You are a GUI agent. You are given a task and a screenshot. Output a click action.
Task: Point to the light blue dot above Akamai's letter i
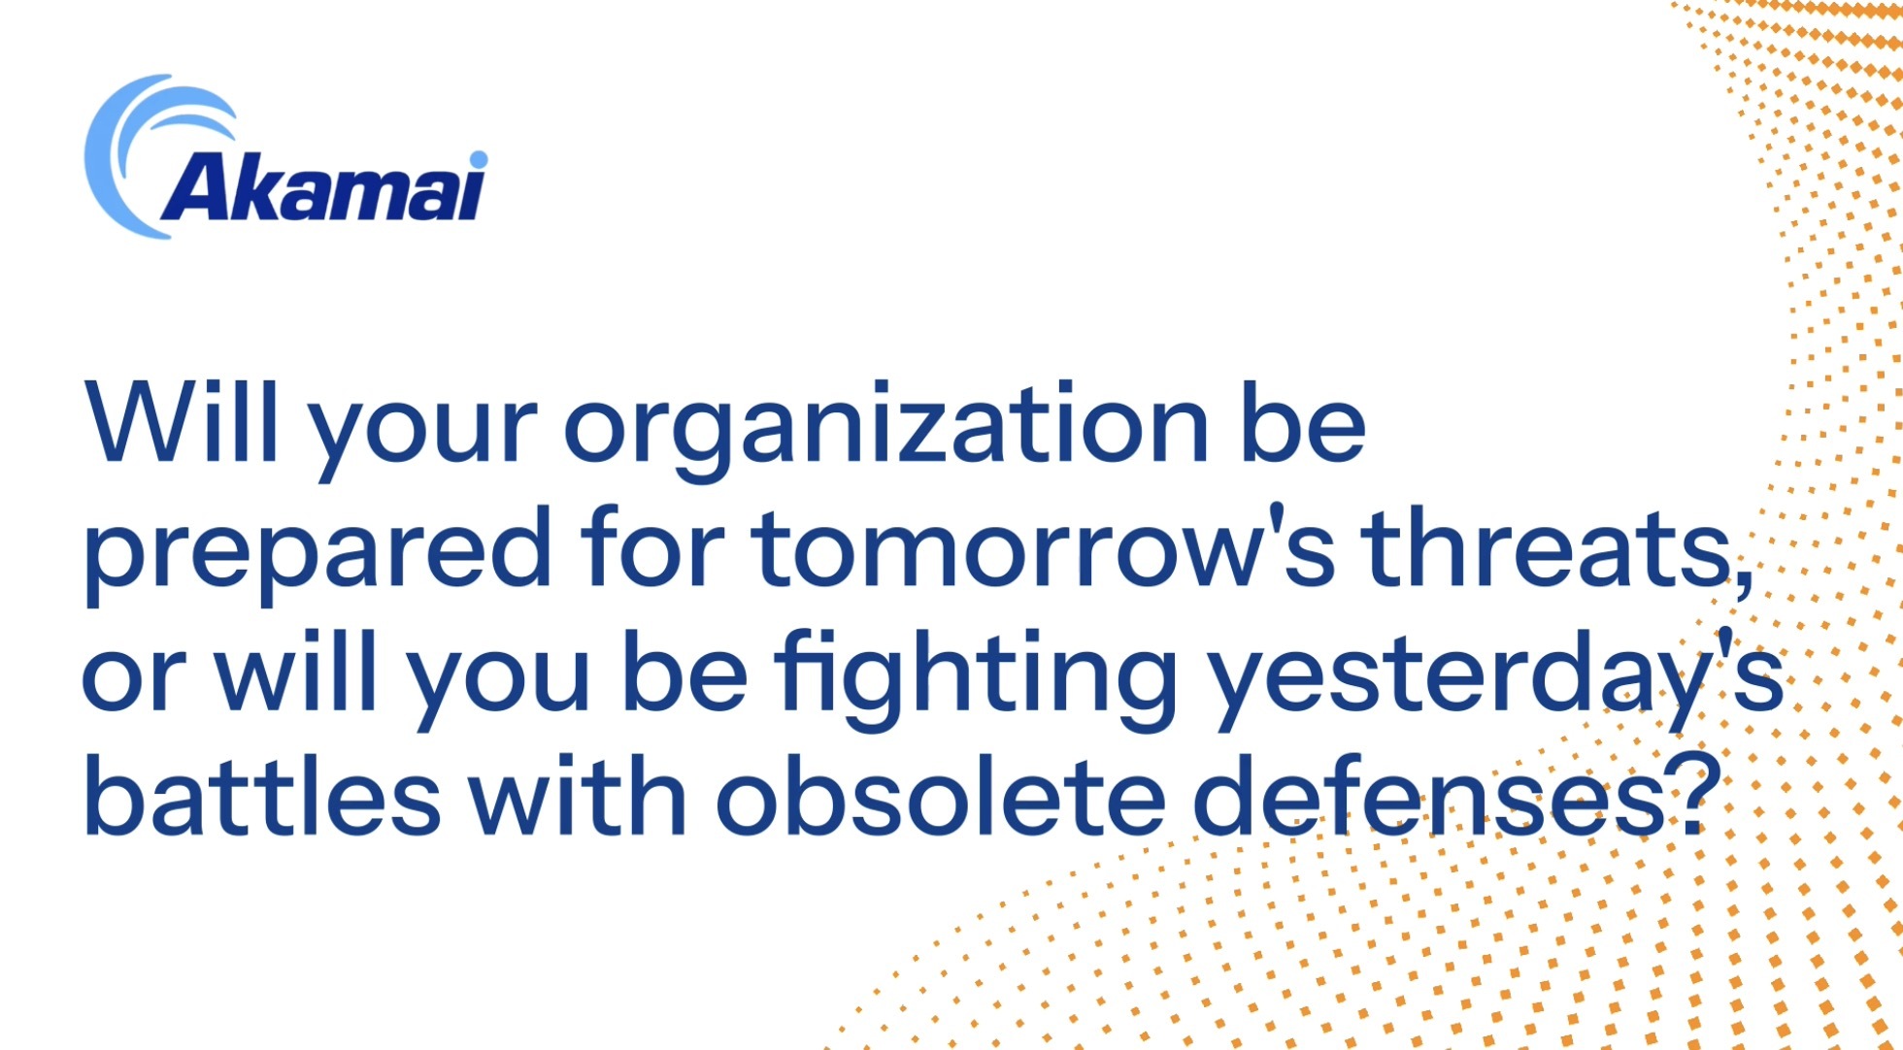478,159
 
